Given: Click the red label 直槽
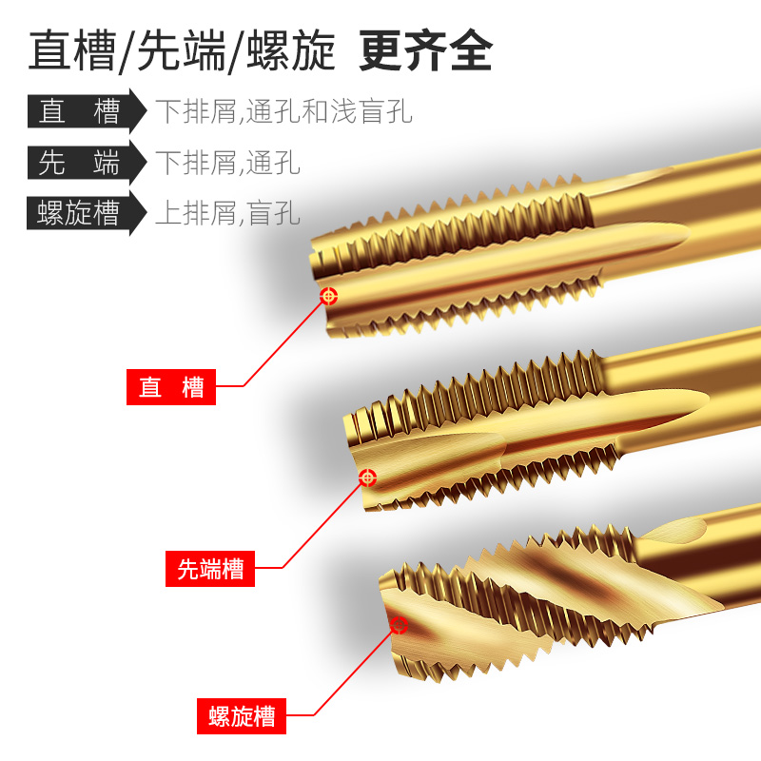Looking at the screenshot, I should [x=171, y=387].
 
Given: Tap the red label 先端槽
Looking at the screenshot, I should [x=210, y=569].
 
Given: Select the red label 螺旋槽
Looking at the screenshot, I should [x=242, y=715].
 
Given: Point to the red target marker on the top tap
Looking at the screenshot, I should [x=329, y=296].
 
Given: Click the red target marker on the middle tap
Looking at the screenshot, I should [x=367, y=476].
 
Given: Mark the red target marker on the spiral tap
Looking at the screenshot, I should [x=399, y=625].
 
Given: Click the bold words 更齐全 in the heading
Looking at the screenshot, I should [x=425, y=51].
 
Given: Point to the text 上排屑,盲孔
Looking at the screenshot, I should [x=227, y=212].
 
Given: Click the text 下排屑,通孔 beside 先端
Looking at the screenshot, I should [x=227, y=163].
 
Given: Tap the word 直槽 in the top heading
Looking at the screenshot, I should [x=70, y=51].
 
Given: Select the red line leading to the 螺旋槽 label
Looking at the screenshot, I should [x=352, y=672].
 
